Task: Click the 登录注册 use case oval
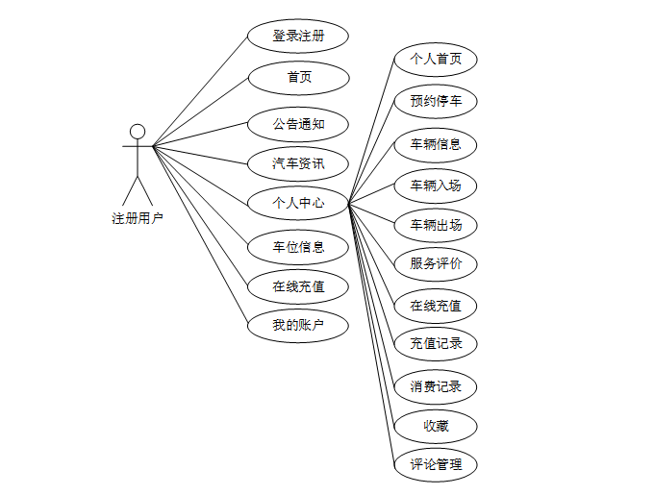[298, 37]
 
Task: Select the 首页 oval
[298, 78]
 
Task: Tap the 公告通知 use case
[298, 124]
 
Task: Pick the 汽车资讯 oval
[298, 163]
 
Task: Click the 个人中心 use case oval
[298, 203]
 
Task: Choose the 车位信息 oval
[298, 247]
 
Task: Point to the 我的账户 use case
[298, 326]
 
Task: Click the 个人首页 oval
[436, 60]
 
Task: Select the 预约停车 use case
[436, 101]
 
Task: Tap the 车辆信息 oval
[436, 145]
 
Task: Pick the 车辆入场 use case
[436, 186]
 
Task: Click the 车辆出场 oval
[436, 225]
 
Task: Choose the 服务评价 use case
[436, 263]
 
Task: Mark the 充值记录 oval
[436, 343]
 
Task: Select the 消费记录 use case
[436, 386]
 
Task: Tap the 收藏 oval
[436, 426]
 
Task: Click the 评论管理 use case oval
[436, 465]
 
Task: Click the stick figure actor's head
[138, 131]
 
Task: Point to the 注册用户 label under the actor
[138, 218]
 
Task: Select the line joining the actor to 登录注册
[200, 91]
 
